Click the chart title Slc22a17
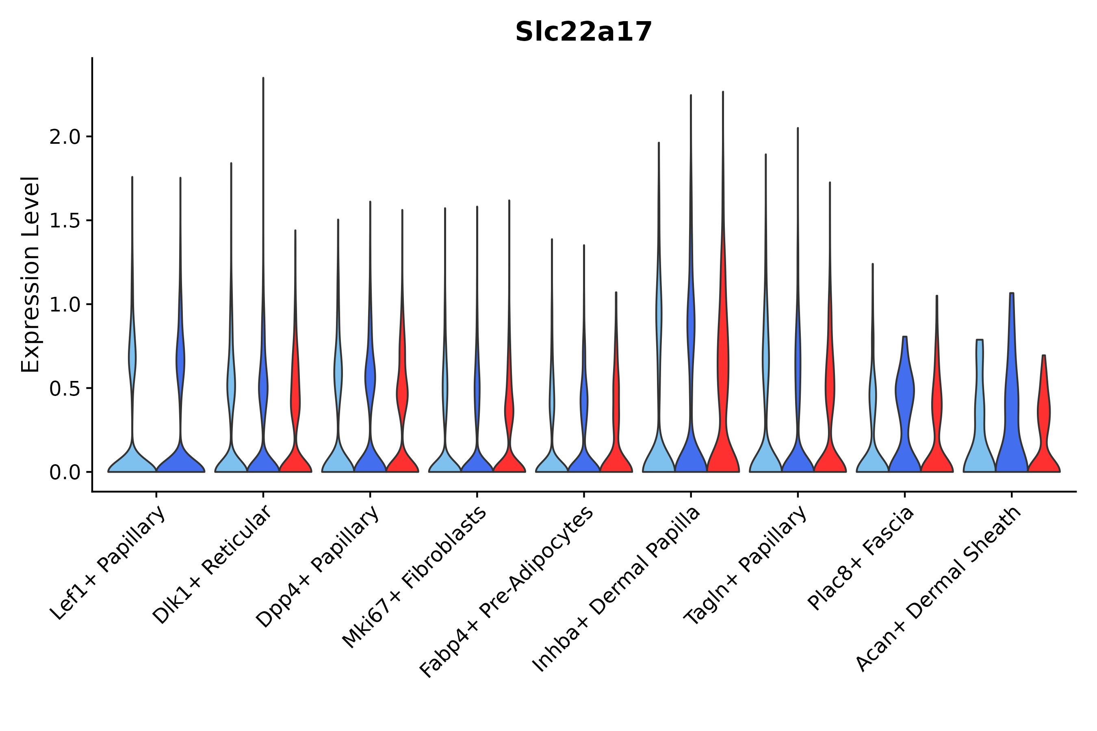[x=583, y=32]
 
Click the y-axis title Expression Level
[x=30, y=274]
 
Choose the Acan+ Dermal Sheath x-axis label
[x=939, y=589]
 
